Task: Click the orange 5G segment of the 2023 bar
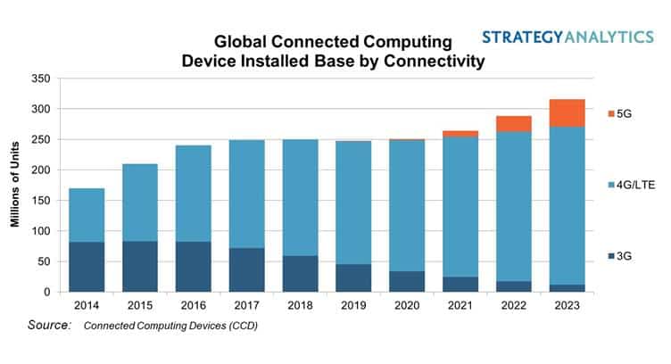[566, 113]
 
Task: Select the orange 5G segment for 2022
[513, 124]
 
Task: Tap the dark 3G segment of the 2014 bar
[87, 267]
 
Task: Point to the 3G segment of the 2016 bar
[193, 267]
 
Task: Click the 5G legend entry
[625, 113]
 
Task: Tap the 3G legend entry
[625, 256]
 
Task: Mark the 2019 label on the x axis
[353, 304]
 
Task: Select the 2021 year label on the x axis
[460, 304]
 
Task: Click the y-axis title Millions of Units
[15, 185]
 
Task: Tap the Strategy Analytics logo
[568, 37]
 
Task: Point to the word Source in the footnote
[49, 326]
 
